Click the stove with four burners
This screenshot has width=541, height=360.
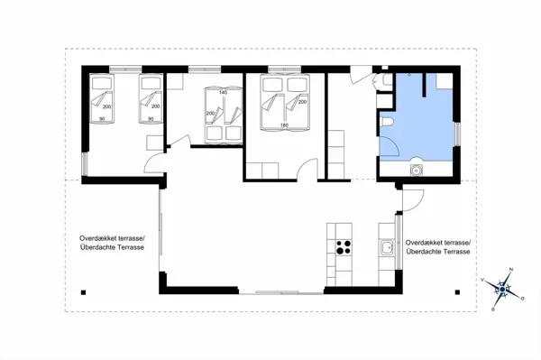[344, 249]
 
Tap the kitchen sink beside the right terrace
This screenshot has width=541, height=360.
[387, 247]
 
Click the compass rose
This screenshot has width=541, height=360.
[501, 289]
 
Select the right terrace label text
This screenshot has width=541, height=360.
[438, 247]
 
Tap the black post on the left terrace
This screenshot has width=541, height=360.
[83, 291]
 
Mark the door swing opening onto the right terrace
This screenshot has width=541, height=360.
[409, 202]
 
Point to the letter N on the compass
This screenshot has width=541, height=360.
[511, 270]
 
